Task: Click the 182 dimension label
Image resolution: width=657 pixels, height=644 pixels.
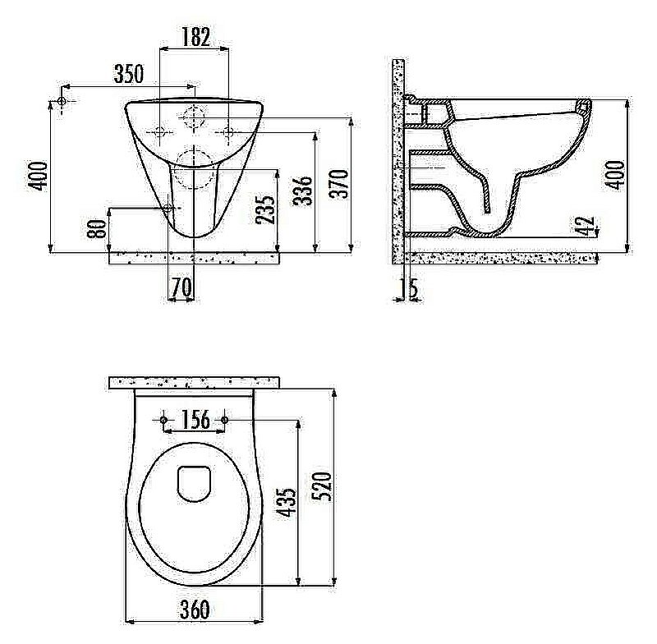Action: coord(195,36)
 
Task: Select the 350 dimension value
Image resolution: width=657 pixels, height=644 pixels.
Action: coord(129,74)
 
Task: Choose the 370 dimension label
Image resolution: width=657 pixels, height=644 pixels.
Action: coord(338,183)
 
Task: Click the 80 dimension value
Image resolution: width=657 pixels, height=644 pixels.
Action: coord(97,229)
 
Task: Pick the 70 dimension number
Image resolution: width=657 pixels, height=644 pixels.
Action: coord(181,287)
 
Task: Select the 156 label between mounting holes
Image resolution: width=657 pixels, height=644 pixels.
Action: coord(195,420)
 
